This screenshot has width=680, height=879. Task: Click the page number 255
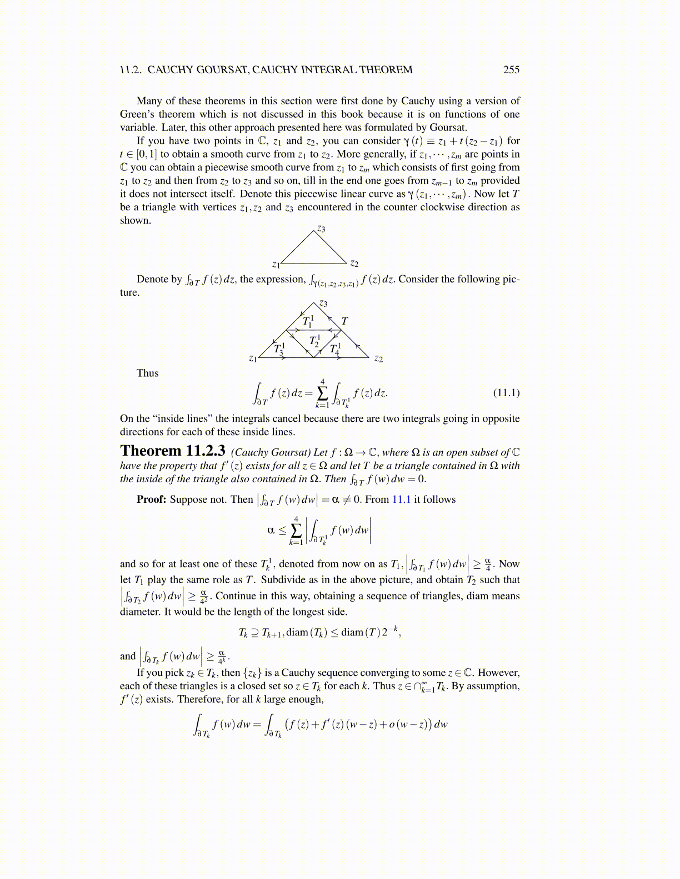pyautogui.click(x=511, y=70)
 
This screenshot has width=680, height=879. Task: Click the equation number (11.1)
pyautogui.click(x=506, y=393)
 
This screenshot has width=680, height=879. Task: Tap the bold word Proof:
pyautogui.click(x=151, y=499)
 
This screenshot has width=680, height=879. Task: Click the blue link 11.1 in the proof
pyautogui.click(x=401, y=499)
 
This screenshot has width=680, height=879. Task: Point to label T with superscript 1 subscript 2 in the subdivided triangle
pyautogui.click(x=314, y=341)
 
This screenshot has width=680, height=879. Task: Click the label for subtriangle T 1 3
pyautogui.click(x=279, y=349)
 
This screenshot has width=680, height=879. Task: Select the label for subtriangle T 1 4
pyautogui.click(x=335, y=349)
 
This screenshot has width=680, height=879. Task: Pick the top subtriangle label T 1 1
pyautogui.click(x=308, y=321)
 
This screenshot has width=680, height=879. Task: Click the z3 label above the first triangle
pyautogui.click(x=321, y=229)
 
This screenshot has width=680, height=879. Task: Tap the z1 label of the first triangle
pyautogui.click(x=276, y=264)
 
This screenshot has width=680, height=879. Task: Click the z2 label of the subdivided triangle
pyautogui.click(x=378, y=358)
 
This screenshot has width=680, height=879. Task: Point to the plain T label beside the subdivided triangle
pyautogui.click(x=344, y=321)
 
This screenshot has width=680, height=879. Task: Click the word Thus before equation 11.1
pyautogui.click(x=147, y=373)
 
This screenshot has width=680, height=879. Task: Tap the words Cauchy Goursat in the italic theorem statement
pyautogui.click(x=271, y=453)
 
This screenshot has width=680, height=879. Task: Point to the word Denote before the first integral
pyautogui.click(x=153, y=279)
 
